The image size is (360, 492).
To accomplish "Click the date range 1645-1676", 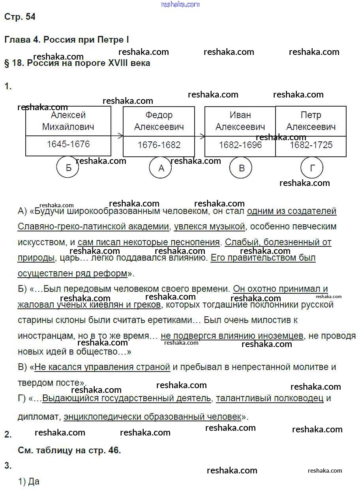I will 68,144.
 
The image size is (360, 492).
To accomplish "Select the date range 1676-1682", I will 159,145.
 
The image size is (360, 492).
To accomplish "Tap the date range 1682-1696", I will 240,145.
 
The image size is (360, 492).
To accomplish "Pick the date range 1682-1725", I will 311,145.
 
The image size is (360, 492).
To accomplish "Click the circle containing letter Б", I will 68,167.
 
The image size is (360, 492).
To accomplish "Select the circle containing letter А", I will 161,168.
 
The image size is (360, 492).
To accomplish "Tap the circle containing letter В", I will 241,168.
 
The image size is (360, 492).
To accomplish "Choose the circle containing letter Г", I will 312,168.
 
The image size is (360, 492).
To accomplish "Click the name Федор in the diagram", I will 159,115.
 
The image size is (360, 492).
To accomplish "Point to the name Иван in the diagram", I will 240,115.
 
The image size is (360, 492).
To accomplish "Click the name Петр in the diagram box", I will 311,115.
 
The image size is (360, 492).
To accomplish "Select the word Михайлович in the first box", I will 68,127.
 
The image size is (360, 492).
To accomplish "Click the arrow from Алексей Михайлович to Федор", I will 117,136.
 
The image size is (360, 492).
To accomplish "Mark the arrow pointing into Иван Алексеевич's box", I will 200,136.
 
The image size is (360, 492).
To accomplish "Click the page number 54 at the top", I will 30,17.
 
